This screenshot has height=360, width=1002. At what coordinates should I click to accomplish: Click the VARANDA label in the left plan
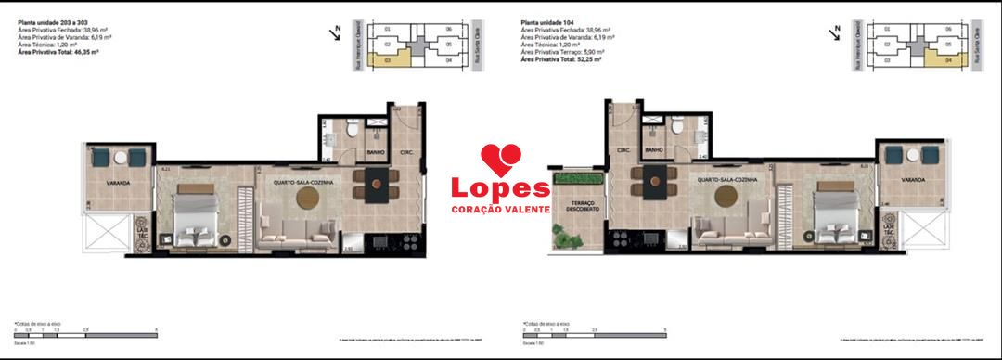click(x=117, y=183)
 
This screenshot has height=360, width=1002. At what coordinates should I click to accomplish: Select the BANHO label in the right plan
click(x=653, y=149)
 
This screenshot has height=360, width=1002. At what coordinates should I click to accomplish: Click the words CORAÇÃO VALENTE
click(x=500, y=210)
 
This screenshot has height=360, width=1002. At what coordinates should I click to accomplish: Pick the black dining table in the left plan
click(x=378, y=185)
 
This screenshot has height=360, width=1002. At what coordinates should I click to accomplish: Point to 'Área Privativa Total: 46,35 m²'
click(x=58, y=54)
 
